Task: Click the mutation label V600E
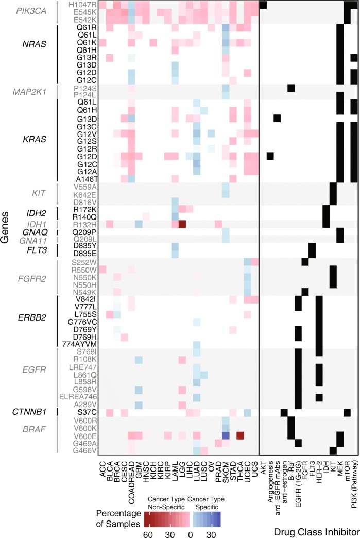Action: (85, 435)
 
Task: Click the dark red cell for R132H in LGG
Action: (182, 224)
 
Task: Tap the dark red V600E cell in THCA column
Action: (240, 435)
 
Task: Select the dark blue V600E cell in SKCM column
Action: (226, 435)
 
